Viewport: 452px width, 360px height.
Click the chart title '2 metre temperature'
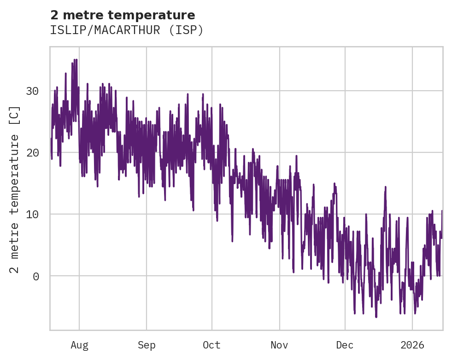(123, 15)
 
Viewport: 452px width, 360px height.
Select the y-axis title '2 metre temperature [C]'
(15, 189)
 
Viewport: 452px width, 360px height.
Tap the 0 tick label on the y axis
(35, 276)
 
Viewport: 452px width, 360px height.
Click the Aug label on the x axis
(79, 345)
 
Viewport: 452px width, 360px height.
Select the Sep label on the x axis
(147, 345)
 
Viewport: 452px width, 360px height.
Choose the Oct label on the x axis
(212, 345)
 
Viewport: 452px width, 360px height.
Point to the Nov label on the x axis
(279, 345)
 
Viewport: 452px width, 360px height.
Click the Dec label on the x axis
(345, 345)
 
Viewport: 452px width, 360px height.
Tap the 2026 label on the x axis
(412, 345)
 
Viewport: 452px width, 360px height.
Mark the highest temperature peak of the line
(76, 59)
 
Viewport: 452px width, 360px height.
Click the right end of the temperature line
(442, 211)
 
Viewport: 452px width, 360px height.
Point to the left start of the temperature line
(51, 138)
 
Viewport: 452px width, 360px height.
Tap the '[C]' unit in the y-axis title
(15, 115)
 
